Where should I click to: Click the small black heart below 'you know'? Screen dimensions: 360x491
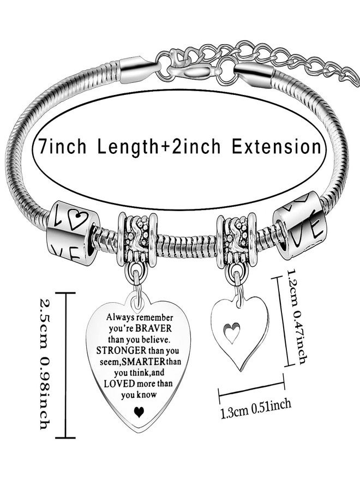tap(138, 412)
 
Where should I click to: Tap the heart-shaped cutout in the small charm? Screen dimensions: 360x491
tap(232, 332)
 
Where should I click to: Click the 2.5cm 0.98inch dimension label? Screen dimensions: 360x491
tap(44, 363)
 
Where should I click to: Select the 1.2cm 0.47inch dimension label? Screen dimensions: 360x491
tap(297, 316)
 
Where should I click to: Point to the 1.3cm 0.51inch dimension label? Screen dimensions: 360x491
tap(256, 408)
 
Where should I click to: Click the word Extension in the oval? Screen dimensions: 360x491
tap(277, 147)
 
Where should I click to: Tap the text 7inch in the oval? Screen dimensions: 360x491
tap(62, 146)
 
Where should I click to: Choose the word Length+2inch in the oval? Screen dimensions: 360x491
tap(159, 147)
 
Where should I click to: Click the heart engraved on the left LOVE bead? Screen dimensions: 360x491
tap(75, 219)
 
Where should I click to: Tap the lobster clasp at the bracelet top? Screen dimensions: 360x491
tap(197, 73)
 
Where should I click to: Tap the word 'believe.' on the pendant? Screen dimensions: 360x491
tap(155, 339)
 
